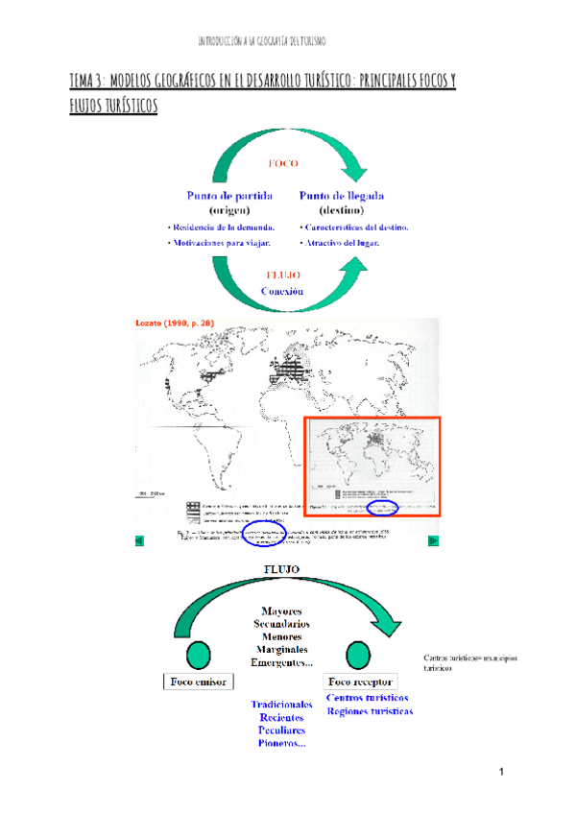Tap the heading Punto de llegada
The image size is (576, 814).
tap(342, 195)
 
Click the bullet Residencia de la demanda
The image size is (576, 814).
tap(222, 227)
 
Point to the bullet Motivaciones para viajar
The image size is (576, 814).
tap(219, 243)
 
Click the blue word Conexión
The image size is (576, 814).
tap(282, 290)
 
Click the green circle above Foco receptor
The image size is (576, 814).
tap(360, 656)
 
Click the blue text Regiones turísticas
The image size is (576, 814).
tap(370, 712)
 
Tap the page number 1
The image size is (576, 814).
tap(501, 774)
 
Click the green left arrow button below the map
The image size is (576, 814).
tap(139, 541)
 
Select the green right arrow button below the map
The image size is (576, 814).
tap(433, 541)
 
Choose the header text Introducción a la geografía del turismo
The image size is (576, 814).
tap(261, 41)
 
